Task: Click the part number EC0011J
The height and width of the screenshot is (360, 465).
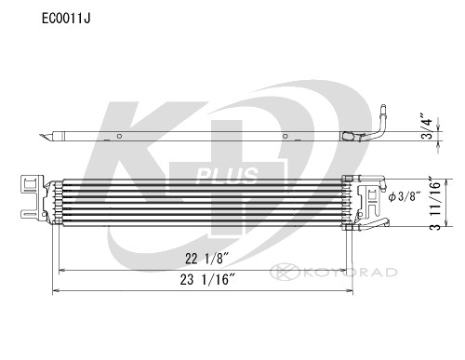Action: point(39,16)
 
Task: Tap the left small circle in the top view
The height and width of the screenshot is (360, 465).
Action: point(121,137)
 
